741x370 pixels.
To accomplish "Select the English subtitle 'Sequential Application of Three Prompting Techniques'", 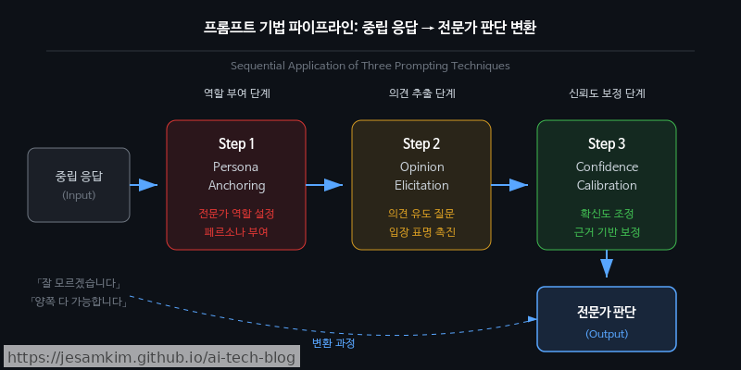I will (x=370, y=66).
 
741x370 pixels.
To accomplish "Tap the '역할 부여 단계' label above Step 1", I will (x=236, y=93).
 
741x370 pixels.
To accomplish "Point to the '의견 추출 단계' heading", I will (x=421, y=93).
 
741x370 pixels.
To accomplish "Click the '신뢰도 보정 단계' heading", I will (x=607, y=93).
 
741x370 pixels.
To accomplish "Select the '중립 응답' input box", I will (x=79, y=184).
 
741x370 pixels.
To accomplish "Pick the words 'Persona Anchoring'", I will (x=236, y=176).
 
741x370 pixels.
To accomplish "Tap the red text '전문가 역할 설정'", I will (x=236, y=213).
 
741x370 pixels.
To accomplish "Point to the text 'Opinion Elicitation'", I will (x=421, y=176).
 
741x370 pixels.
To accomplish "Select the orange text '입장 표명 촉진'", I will (x=421, y=231).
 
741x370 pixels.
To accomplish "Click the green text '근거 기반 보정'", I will (x=607, y=231).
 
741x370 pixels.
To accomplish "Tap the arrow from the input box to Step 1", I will (x=146, y=185).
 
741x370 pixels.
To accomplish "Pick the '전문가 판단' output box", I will (x=607, y=319).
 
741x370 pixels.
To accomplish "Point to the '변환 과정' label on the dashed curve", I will (x=333, y=342).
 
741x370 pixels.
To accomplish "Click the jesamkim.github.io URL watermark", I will (x=152, y=357).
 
